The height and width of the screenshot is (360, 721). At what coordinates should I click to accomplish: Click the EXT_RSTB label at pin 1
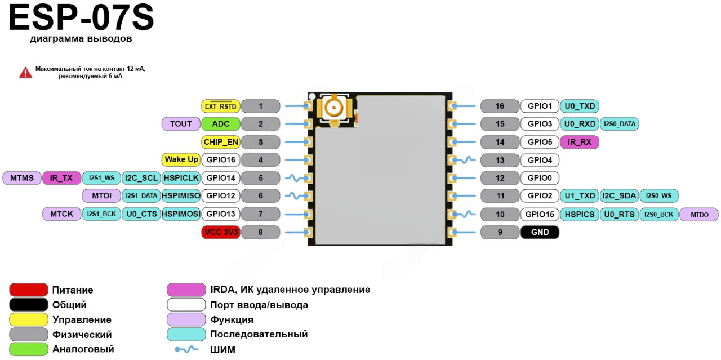[221, 106]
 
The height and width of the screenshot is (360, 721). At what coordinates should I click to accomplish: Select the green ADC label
[221, 124]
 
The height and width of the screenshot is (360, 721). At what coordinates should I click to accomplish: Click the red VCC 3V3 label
[221, 232]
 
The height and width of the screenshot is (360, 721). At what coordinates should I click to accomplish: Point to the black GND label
[540, 232]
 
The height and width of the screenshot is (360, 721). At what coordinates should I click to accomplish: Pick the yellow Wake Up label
[181, 160]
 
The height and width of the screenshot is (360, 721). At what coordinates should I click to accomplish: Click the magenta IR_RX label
[580, 142]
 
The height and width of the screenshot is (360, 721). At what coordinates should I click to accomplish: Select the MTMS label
[22, 178]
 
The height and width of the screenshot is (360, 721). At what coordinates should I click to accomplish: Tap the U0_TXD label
[580, 106]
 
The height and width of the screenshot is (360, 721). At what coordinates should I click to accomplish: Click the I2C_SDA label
[619, 196]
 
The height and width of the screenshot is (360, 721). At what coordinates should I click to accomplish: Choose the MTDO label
[698, 214]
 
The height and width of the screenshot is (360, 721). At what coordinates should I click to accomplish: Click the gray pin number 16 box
[500, 106]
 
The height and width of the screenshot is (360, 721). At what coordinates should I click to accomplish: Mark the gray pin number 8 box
[260, 232]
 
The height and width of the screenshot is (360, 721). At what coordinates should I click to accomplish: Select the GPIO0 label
[540, 178]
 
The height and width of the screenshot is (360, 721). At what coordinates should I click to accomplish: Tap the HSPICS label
[580, 214]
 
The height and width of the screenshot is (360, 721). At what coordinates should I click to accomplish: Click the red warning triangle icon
[25, 72]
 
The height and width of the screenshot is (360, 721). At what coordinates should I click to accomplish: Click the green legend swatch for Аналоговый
[28, 349]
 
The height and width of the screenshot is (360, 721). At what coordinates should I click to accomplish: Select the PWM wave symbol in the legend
[186, 349]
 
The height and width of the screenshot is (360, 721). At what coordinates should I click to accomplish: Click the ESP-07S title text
[81, 18]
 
